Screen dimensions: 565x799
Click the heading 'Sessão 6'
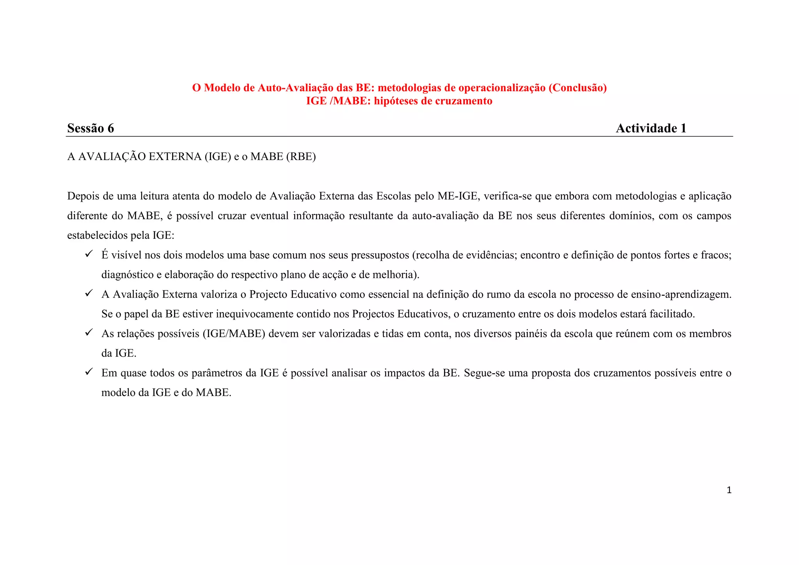click(91, 128)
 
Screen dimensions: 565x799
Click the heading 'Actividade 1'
click(651, 128)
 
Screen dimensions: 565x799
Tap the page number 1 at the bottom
click(729, 490)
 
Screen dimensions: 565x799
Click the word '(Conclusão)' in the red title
click(578, 88)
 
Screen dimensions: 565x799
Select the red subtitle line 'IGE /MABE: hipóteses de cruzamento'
click(399, 101)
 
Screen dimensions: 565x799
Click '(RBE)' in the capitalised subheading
click(301, 156)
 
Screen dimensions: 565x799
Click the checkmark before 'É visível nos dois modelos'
click(89, 254)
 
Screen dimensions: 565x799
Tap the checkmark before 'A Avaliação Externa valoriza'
click(89, 293)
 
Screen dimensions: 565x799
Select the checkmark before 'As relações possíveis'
click(89, 332)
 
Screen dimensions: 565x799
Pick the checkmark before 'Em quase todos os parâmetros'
click(89, 372)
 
